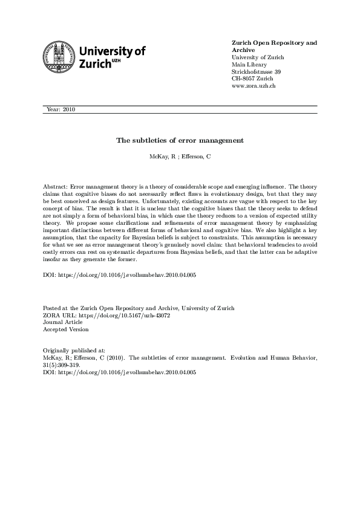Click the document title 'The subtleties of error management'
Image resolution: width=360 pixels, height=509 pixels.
[180, 140]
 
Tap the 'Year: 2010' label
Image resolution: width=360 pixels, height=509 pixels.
[61, 109]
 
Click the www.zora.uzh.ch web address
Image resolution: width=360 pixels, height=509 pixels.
[254, 86]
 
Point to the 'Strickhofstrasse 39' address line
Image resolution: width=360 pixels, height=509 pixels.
[256, 72]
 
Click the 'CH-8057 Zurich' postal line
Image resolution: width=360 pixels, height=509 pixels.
[253, 79]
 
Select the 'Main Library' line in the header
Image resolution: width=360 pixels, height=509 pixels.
[248, 65]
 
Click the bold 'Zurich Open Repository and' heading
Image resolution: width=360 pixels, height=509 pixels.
[275, 43]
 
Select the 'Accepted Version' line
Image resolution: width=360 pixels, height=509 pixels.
[65, 329]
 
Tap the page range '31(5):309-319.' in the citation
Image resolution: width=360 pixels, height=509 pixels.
[62, 365]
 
